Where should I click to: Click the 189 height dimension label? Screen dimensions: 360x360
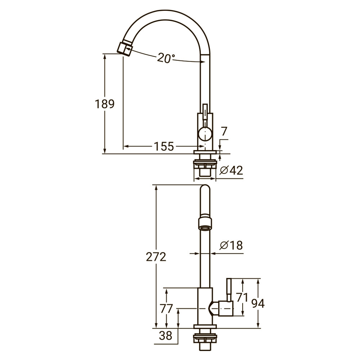(105, 104)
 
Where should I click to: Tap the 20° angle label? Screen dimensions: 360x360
(166, 58)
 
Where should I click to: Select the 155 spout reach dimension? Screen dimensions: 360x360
(164, 147)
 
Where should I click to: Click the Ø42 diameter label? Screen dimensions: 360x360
(231, 170)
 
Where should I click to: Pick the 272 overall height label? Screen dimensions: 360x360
(156, 257)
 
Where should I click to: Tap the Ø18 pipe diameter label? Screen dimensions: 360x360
(231, 246)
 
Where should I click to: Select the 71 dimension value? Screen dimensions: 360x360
(243, 297)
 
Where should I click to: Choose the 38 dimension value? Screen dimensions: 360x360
(166, 336)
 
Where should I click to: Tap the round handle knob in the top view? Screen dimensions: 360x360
(204, 135)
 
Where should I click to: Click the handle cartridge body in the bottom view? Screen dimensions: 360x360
(223, 309)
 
